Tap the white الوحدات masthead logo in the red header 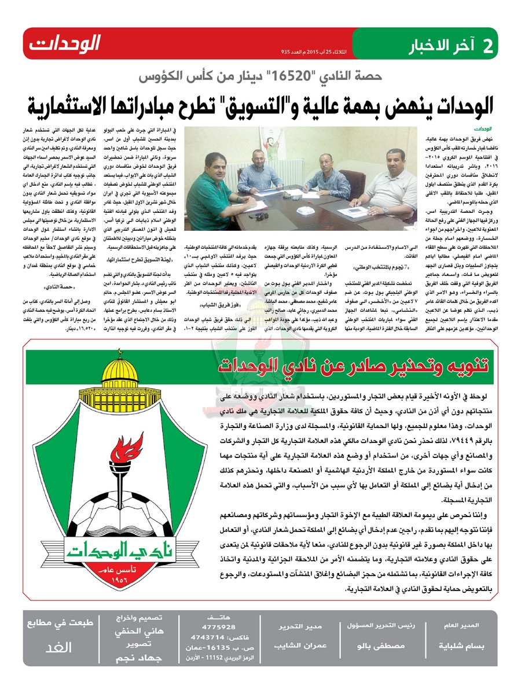(64, 44)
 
